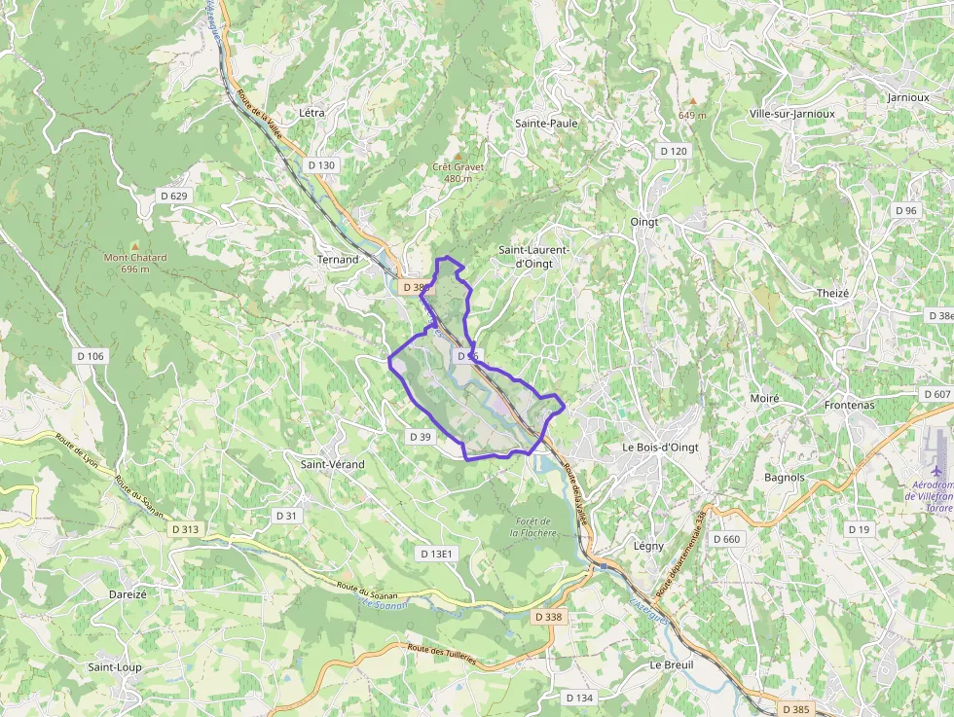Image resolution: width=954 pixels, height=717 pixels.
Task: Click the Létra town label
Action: point(312,113)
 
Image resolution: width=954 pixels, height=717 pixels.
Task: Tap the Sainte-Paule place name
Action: point(546,124)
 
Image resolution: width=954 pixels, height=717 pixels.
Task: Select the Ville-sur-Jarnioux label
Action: point(792,113)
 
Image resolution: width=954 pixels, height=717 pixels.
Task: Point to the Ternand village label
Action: point(338,260)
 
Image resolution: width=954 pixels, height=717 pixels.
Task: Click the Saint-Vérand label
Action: point(332,464)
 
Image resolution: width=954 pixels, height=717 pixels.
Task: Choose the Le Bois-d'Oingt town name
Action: point(660,447)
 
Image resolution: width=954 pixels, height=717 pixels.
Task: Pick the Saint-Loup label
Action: point(114,667)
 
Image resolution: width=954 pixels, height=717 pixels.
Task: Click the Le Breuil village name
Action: point(672,664)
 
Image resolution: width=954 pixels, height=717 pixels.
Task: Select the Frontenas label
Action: point(849,405)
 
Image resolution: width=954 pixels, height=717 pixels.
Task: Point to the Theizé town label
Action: point(833,294)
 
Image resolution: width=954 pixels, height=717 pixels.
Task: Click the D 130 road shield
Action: point(321,165)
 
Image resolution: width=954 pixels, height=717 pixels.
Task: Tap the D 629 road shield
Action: point(173,196)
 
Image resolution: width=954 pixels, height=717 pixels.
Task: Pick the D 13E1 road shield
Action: point(437,554)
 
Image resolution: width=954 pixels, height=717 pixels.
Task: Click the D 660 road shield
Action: point(726,539)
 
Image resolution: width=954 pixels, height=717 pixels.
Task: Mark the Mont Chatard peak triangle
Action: point(135,245)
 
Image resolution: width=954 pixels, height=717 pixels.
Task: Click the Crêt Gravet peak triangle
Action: point(457,155)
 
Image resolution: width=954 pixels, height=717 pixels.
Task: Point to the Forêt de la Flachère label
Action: point(535,527)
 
